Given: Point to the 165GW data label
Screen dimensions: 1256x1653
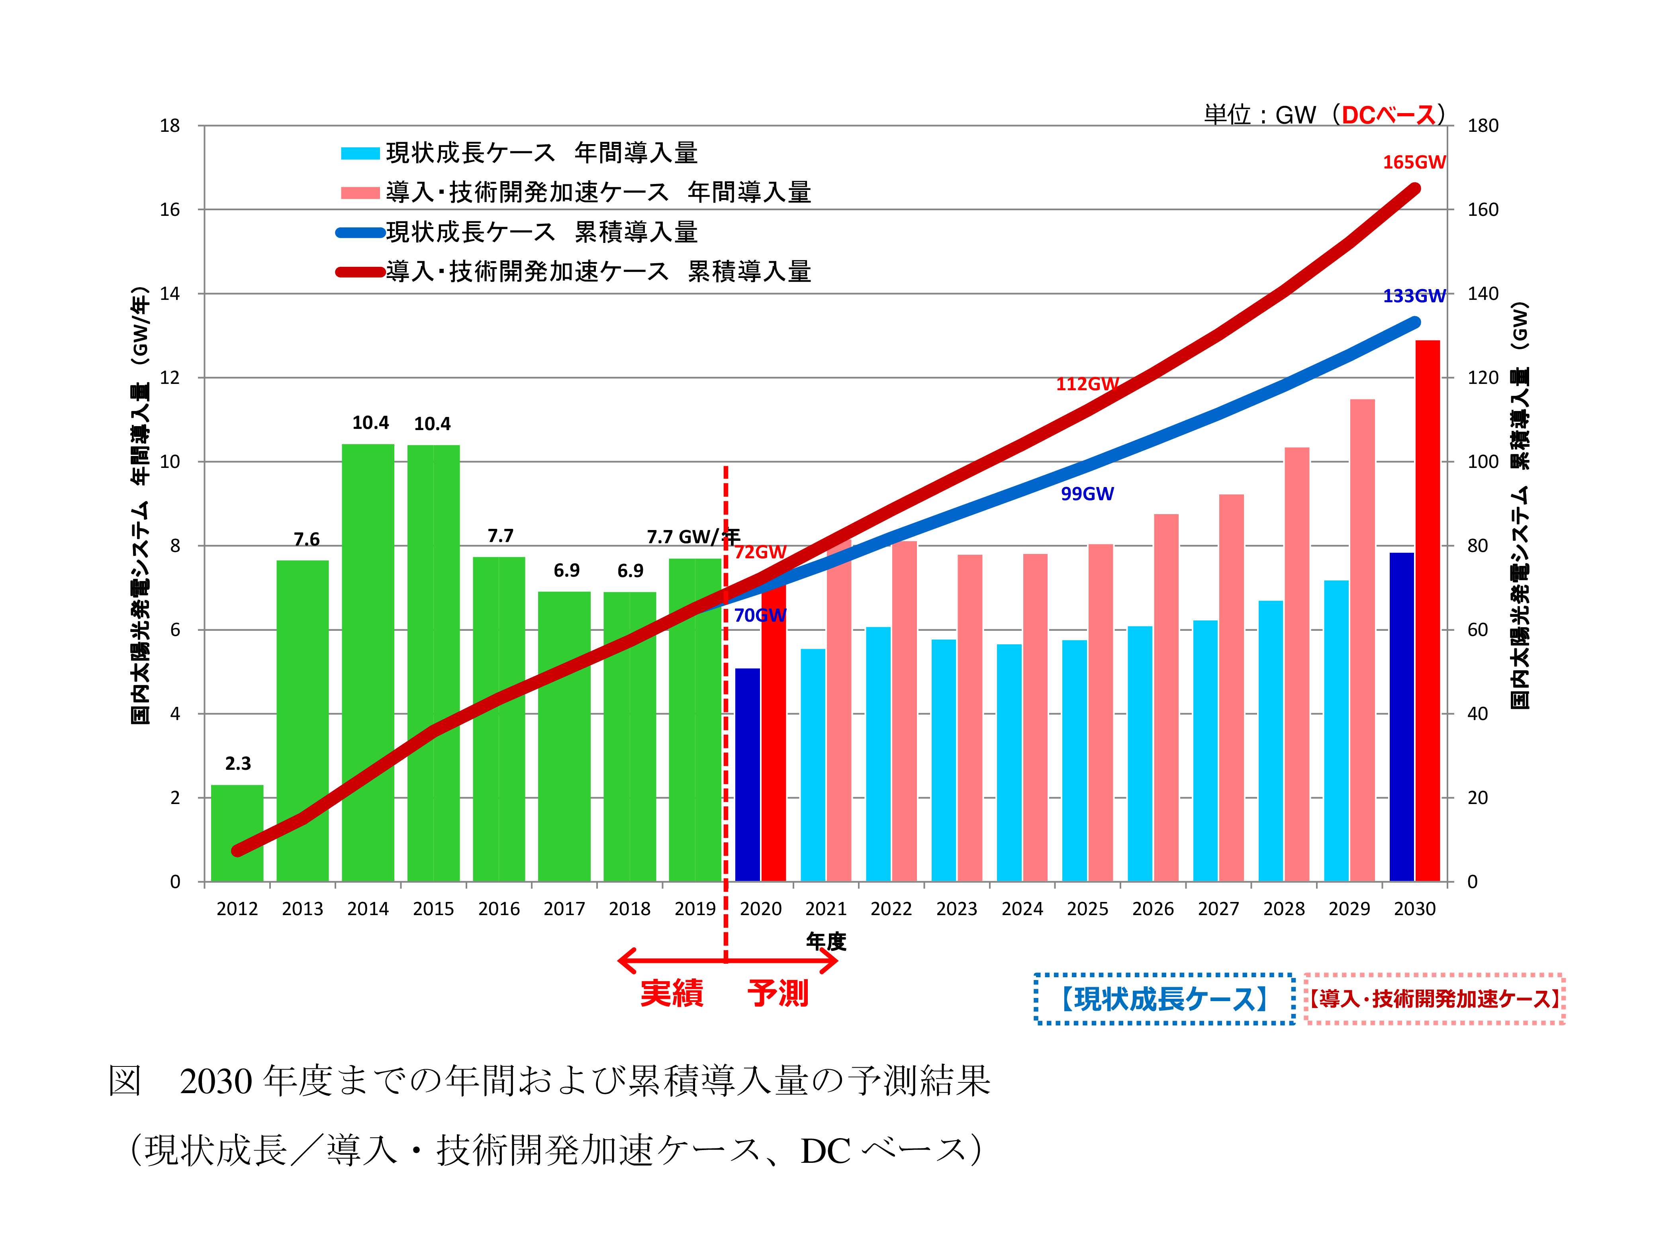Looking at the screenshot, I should click(x=1414, y=162).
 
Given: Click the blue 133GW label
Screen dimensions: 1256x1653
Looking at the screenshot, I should click(x=1414, y=296).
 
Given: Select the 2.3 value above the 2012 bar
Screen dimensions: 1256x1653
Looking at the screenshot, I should click(x=238, y=763).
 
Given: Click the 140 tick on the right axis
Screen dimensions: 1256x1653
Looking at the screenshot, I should click(x=1483, y=294).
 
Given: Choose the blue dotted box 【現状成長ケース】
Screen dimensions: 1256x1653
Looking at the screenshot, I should click(x=1164, y=999).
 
